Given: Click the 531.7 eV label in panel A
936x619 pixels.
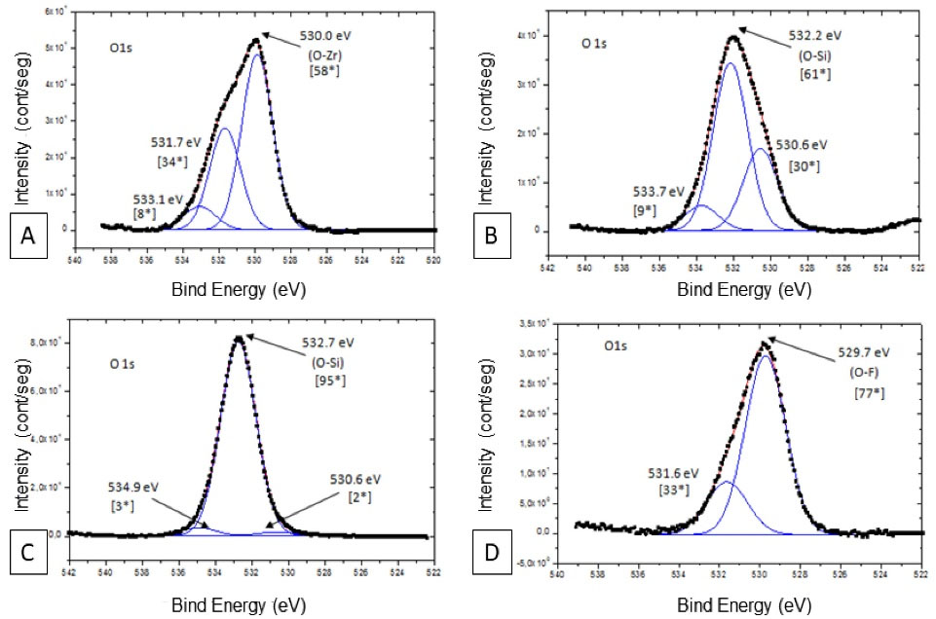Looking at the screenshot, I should pos(175,142).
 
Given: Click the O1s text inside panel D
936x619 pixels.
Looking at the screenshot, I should pos(616,345).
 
